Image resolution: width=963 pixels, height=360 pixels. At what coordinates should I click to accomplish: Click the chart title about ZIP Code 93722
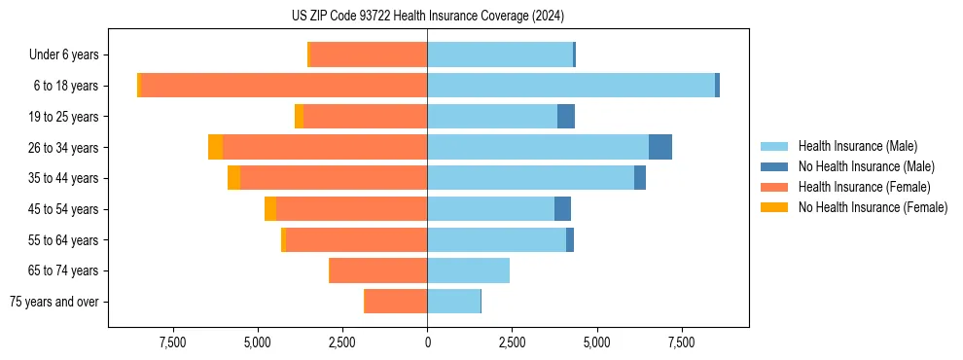click(x=427, y=17)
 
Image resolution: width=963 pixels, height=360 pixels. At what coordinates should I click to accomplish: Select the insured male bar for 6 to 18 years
click(x=571, y=86)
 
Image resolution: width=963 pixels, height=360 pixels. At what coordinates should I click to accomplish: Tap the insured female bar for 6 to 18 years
click(x=284, y=86)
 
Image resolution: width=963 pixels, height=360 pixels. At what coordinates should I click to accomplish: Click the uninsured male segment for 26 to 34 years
click(x=660, y=147)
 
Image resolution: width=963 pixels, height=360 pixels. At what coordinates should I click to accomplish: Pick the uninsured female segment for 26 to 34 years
click(x=215, y=147)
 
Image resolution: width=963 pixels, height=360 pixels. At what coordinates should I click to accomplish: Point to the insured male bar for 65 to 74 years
click(x=468, y=270)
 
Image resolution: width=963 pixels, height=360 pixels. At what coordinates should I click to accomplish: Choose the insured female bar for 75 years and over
click(x=396, y=302)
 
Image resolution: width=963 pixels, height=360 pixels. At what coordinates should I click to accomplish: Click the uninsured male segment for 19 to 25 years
click(x=566, y=117)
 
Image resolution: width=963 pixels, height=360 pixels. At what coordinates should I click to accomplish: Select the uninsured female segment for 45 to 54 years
click(x=270, y=209)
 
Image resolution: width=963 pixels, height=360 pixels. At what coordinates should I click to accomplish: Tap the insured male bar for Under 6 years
click(x=500, y=54)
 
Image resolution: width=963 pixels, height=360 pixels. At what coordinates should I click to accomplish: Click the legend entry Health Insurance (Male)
click(x=857, y=146)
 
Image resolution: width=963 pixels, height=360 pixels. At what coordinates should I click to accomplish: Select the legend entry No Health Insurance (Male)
click(x=866, y=166)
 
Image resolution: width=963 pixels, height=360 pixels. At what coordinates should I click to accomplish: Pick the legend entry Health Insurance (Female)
click(x=864, y=187)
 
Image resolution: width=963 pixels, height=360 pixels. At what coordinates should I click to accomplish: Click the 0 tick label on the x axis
click(x=427, y=342)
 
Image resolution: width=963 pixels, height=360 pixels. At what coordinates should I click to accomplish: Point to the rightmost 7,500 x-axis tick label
click(x=681, y=342)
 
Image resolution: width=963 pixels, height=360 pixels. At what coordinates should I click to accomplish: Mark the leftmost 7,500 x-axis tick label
click(x=172, y=342)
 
